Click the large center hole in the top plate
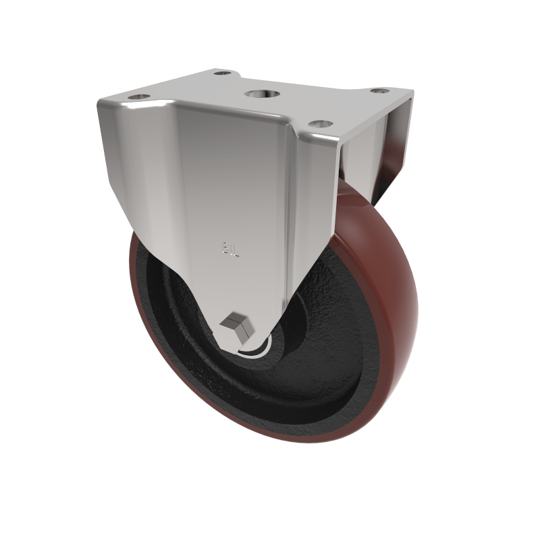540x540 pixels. [x=259, y=95]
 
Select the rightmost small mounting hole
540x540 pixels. [x=380, y=90]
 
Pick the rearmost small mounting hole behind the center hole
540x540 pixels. [x=223, y=72]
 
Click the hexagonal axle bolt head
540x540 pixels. [x=240, y=326]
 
